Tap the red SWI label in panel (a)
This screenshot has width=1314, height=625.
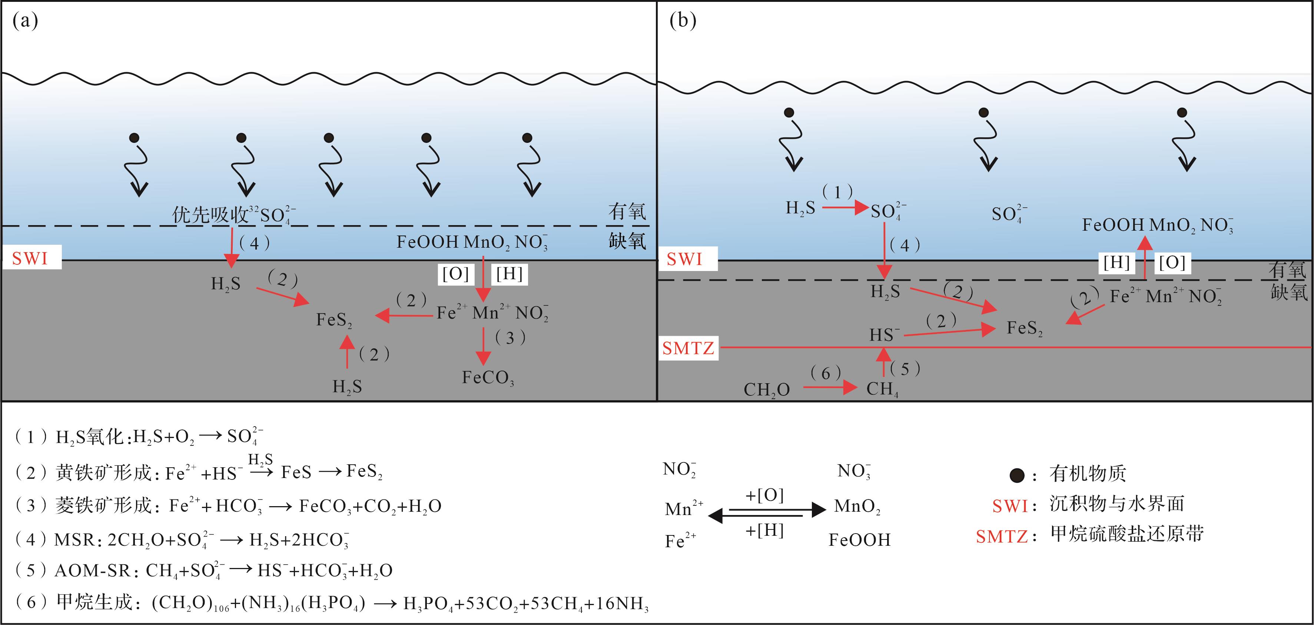pos(30,258)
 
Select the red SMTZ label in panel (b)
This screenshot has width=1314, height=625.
pos(688,348)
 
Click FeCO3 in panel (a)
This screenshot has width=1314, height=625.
pos(488,378)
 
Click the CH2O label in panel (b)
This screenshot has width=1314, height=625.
pos(766,390)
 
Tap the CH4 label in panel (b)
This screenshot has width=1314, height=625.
pos(882,390)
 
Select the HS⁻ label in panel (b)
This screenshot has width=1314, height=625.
pos(885,335)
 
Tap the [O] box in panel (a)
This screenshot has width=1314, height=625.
pos(455,274)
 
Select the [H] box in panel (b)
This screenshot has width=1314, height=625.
pos(1116,263)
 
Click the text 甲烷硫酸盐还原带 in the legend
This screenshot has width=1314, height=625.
pos(1127,534)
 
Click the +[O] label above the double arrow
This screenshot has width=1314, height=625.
pos(764,495)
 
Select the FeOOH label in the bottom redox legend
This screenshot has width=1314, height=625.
pos(859,540)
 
